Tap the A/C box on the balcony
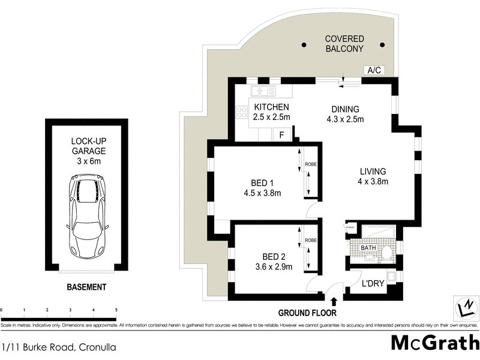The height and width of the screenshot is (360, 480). pos(374,70)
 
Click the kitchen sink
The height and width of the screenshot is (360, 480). pos(263,91)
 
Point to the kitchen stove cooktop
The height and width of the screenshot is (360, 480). pos(243,112)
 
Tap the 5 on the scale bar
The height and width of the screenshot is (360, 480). pos(115,310)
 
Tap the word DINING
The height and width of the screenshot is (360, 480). pos(345,109)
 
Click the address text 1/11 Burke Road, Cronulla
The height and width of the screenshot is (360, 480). pos(59,347)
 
